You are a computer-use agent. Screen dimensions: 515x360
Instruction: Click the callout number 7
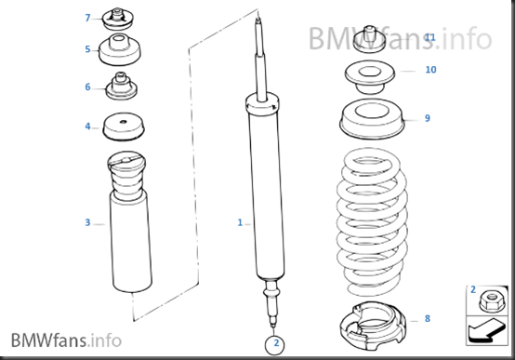tap(87, 18)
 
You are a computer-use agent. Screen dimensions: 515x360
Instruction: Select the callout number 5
tap(87, 49)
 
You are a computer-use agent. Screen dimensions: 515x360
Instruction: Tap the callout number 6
tap(87, 87)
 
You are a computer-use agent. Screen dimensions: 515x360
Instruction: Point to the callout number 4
tap(87, 127)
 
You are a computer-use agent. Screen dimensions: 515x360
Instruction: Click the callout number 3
tap(87, 222)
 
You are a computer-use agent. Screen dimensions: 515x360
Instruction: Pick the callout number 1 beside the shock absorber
tap(240, 223)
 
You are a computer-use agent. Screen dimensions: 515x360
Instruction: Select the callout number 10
tap(430, 70)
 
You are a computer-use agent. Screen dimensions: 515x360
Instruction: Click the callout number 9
tap(428, 118)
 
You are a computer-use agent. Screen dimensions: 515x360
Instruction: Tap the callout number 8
tap(428, 318)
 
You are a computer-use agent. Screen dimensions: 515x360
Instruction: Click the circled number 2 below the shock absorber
tap(274, 344)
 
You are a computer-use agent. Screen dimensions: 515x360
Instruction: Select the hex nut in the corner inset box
tap(492, 301)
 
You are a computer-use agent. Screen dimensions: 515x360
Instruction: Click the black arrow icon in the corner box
tap(485, 330)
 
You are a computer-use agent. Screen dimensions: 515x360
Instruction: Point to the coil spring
tap(372, 222)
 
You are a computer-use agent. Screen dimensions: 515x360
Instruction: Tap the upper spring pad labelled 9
tap(372, 119)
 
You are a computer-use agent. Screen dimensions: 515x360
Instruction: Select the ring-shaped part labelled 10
tap(369, 77)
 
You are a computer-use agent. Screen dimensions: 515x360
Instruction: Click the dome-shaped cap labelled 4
tap(124, 127)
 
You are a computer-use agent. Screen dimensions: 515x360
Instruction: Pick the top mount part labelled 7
tap(117, 19)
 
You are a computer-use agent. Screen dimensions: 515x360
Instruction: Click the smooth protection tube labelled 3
tap(130, 244)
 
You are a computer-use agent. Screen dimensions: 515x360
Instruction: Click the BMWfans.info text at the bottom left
tap(66, 340)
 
